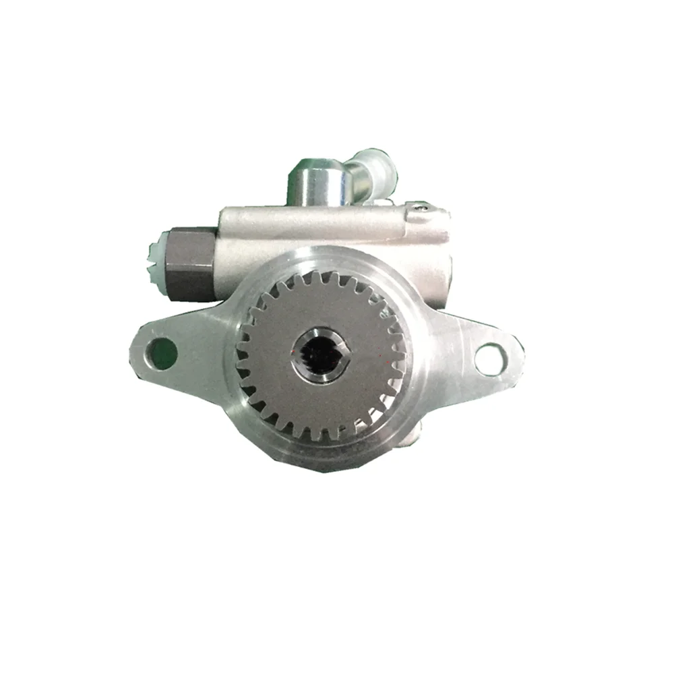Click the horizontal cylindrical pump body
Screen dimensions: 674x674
[x=317, y=233]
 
